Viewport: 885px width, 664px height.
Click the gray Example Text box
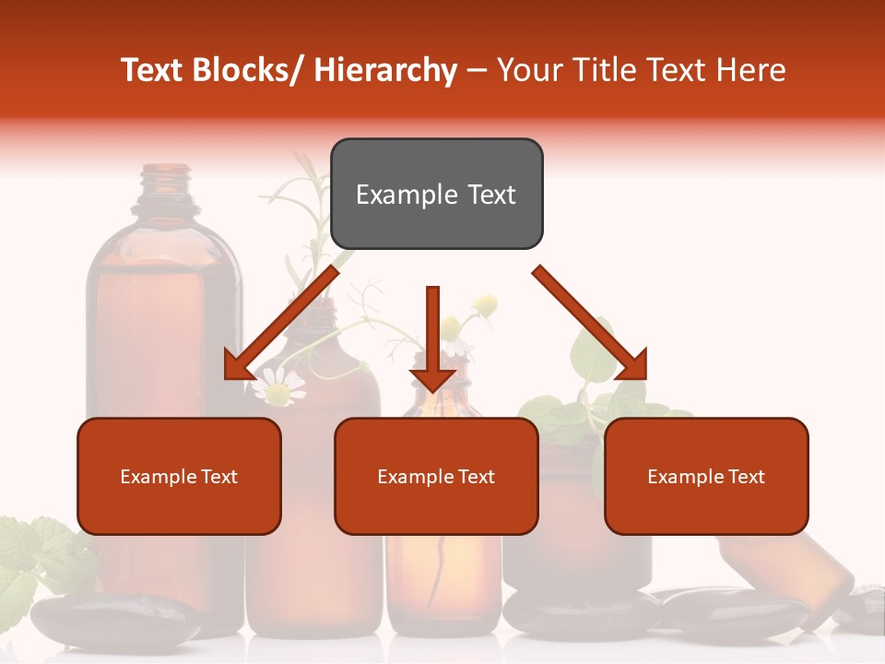436,194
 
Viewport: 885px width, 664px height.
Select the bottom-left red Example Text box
179,477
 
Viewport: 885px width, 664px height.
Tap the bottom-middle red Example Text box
436,477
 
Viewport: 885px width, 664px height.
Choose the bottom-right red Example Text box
706,477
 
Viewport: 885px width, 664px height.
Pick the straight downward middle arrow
432,341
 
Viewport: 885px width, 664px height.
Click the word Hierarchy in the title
385,70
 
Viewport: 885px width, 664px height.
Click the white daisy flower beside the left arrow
277,387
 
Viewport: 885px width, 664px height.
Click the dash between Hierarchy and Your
477,70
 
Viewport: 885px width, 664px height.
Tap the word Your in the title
527,70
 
